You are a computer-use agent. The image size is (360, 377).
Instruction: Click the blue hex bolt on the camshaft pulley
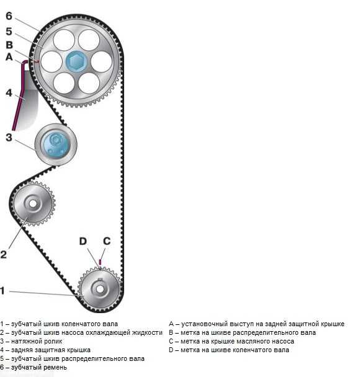tap(76, 61)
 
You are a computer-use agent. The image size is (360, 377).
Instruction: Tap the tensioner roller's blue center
tap(56, 144)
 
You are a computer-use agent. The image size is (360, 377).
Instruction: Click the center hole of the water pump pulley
tap(33, 203)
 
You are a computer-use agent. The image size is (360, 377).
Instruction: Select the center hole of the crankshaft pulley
tap(100, 289)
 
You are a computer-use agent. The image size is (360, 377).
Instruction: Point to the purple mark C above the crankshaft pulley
tap(100, 262)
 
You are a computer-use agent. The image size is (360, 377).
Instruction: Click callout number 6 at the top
tap(9, 16)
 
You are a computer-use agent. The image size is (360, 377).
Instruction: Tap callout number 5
tap(9, 31)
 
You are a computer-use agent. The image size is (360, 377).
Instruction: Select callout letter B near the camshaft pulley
tap(9, 45)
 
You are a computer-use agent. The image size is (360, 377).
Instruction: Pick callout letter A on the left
tap(9, 57)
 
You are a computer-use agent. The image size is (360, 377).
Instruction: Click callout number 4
tap(9, 93)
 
